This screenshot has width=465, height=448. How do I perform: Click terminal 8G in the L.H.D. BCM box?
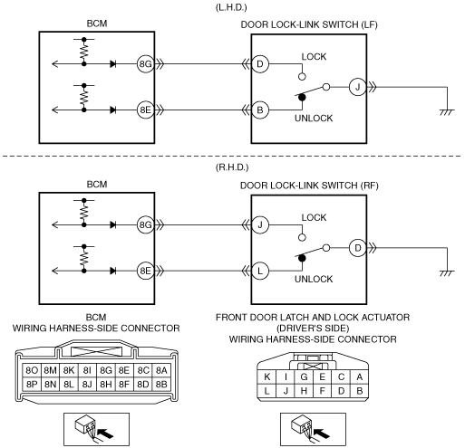145,64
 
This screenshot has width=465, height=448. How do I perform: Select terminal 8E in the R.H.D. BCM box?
145,271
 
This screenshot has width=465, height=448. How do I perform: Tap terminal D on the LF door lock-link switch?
260,64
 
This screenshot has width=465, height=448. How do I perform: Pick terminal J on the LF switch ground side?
357,87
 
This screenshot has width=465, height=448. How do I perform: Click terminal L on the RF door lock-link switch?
260,271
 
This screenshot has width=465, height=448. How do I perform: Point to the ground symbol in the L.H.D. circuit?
447,112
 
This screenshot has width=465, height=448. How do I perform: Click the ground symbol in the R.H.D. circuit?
447,273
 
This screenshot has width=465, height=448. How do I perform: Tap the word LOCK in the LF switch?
314,57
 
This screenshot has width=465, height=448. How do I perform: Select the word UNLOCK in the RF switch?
314,279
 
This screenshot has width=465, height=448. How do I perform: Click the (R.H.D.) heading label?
232,167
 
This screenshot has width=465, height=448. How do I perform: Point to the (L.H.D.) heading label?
231,7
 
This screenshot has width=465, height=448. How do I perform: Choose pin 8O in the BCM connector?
32,370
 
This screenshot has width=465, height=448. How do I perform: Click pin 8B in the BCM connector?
161,384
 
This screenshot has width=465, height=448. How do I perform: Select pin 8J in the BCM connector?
87,384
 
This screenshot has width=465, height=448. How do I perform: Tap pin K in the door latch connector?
267,377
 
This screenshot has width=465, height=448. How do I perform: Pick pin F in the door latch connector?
322,391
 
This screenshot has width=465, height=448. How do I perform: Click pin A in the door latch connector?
359,377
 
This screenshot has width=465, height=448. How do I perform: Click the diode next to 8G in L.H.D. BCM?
113,64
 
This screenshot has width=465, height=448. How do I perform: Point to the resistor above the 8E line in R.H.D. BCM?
84,259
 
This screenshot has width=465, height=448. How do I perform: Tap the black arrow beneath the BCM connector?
106,434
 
